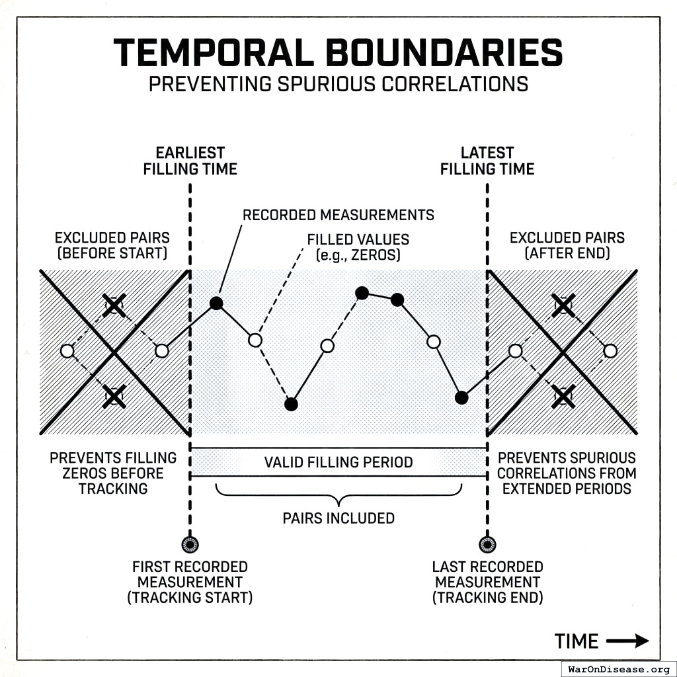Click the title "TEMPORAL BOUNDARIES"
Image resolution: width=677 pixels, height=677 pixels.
click(x=338, y=53)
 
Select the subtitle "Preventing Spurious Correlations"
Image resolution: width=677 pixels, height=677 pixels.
click(x=338, y=85)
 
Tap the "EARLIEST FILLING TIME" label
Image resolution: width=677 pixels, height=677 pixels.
click(x=190, y=161)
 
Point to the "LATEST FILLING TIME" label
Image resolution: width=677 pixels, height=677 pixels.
click(x=487, y=161)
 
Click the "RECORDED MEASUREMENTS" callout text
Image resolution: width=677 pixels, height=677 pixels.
click(x=338, y=215)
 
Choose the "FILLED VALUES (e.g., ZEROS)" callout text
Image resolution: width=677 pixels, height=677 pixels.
click(x=358, y=247)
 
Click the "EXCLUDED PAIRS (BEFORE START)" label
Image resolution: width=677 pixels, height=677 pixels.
click(x=112, y=245)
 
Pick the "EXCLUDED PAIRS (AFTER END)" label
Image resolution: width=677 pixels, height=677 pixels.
click(x=567, y=245)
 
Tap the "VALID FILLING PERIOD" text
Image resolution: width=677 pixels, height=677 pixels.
click(x=338, y=462)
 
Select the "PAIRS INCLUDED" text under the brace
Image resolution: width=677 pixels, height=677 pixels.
click(x=338, y=518)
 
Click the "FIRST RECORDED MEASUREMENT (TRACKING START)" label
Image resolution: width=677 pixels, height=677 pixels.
click(x=190, y=582)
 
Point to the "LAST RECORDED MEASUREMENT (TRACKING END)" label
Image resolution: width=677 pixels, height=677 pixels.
click(x=488, y=582)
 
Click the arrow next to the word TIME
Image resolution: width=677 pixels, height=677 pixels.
click(x=627, y=641)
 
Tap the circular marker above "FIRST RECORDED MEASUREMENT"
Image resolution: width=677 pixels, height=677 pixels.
click(x=190, y=545)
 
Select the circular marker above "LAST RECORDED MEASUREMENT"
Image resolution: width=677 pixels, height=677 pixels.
click(x=487, y=545)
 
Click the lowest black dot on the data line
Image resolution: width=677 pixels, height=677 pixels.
click(x=291, y=404)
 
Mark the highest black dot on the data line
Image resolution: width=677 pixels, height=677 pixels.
click(x=362, y=292)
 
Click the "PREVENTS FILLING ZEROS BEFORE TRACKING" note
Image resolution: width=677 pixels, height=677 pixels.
click(x=113, y=473)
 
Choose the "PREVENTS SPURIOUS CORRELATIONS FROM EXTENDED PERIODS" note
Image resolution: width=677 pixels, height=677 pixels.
click(x=567, y=473)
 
